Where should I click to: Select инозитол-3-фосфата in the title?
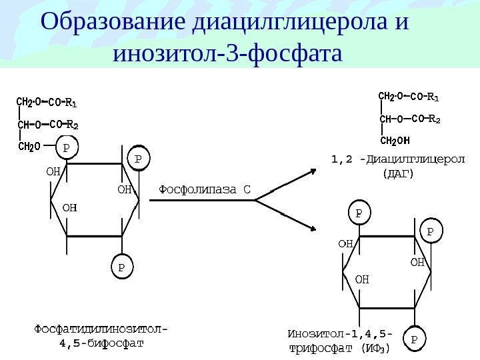(x=227, y=53)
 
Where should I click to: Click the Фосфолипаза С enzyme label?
(x=204, y=189)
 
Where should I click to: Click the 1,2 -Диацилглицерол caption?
(x=399, y=160)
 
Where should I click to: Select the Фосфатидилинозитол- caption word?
(x=101, y=329)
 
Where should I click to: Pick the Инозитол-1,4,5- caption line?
(x=339, y=333)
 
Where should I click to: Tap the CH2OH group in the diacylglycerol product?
(x=395, y=141)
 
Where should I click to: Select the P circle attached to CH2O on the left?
(x=66, y=146)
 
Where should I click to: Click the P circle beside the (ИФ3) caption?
(x=414, y=339)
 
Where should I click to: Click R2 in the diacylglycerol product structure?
(x=434, y=119)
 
